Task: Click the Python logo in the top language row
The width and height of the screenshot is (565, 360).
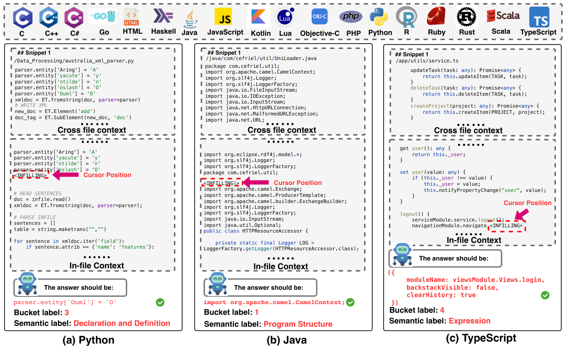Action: tap(379, 17)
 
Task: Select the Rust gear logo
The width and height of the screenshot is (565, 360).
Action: tap(466, 17)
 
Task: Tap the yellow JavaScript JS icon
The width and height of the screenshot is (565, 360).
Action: tap(225, 17)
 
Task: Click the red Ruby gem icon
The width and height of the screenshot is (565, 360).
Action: tap(436, 16)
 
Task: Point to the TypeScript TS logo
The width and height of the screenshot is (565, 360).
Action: tap(539, 17)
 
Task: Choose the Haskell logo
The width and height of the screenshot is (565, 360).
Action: tap(163, 16)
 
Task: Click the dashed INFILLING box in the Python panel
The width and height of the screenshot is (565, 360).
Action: tap(30, 175)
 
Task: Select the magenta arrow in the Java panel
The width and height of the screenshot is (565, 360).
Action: tap(256, 182)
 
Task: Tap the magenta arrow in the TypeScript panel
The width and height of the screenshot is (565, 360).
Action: tap(521, 215)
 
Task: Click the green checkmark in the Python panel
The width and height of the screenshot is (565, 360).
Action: tap(160, 302)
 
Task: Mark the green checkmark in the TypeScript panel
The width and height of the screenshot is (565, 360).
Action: tap(545, 295)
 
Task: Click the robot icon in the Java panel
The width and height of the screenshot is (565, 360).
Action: tap(217, 284)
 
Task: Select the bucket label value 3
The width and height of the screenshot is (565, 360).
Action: tap(67, 313)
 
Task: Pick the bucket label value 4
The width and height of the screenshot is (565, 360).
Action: tap(442, 310)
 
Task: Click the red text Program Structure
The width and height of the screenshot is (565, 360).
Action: tap(298, 324)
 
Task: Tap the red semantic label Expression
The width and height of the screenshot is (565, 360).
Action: tap(469, 321)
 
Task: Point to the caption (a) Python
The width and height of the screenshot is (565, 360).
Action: tap(88, 340)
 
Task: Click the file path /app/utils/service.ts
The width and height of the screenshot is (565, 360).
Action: tap(427, 61)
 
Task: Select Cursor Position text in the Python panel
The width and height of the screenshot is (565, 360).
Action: tap(107, 175)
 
